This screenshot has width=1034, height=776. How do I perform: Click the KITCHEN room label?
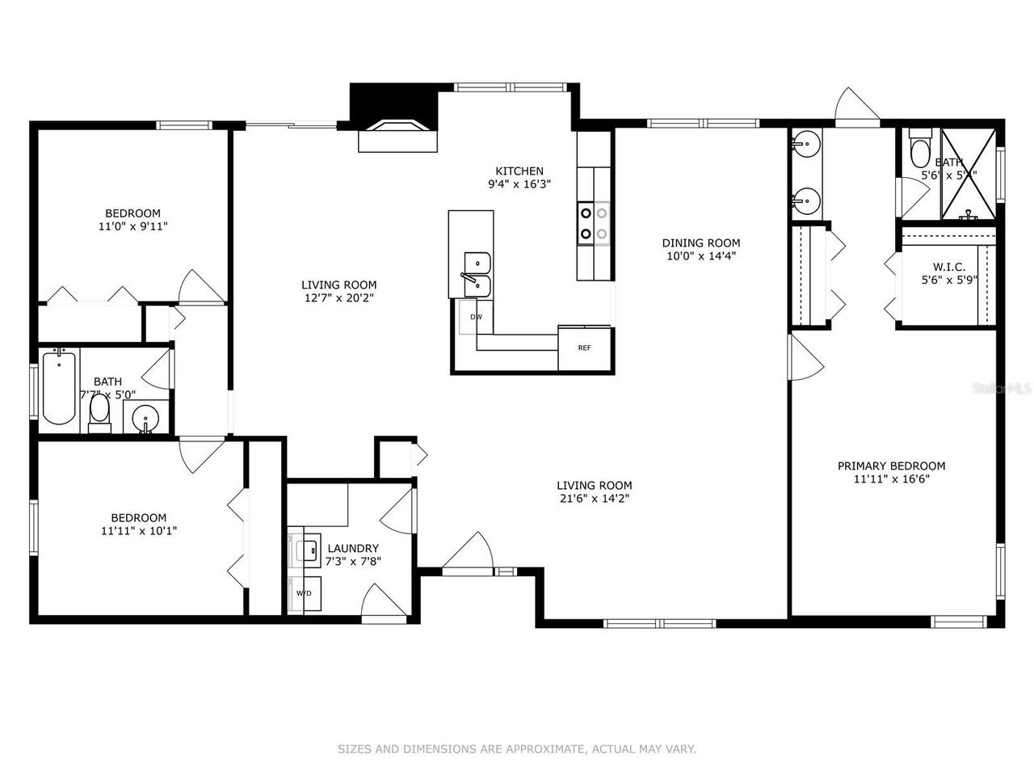point(519,171)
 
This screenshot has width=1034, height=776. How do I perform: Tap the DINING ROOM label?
point(700,242)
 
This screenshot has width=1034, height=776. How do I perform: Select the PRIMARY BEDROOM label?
point(891,466)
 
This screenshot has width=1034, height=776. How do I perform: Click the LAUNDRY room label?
point(353,548)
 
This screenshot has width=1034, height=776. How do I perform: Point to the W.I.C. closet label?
point(949,267)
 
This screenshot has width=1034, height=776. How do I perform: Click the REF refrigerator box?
point(584,348)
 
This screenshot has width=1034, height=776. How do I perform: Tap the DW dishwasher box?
point(477,317)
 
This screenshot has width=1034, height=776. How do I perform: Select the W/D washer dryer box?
point(305,593)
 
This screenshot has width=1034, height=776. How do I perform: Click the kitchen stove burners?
point(593,224)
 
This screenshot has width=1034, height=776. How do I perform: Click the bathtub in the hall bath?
point(59,387)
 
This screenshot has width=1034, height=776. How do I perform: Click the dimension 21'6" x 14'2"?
point(594,499)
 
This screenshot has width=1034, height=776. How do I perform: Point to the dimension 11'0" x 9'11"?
point(132,227)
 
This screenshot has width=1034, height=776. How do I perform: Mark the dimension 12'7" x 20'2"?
point(338,297)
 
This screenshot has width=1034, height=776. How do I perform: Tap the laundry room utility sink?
point(307,550)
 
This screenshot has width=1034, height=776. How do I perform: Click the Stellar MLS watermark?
point(1002,388)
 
